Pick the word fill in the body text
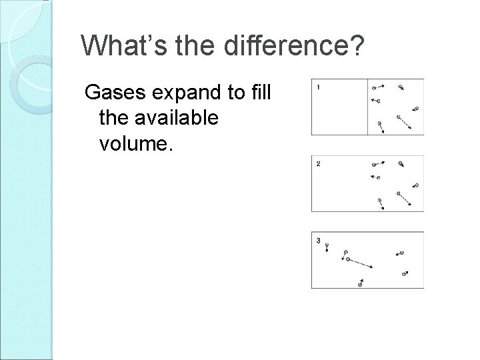pos(257,93)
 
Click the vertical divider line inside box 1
pos(368,107)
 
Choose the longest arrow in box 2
pos(403,199)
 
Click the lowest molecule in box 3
pos(360,284)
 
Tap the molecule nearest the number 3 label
pos(327,246)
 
